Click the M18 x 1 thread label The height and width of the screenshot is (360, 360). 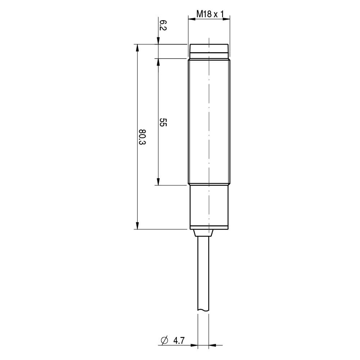coord(210,14)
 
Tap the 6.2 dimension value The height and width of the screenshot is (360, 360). coord(163,25)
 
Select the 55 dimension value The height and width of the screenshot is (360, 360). coord(163,122)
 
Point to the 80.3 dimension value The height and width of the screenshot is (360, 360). coord(142,137)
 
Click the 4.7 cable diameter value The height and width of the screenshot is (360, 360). coord(179,341)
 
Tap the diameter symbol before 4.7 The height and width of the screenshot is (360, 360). coord(165,341)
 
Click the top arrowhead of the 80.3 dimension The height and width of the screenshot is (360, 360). coord(137,48)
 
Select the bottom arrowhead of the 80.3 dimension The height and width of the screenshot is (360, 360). coord(137,225)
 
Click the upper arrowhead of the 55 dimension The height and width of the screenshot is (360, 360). coord(158,62)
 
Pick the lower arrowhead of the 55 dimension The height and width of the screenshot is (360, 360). coord(158,181)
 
